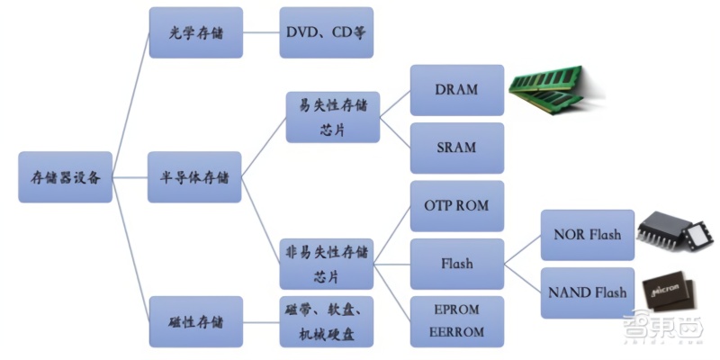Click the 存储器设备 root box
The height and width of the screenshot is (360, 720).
pyautogui.click(x=66, y=176)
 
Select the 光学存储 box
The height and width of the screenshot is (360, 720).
pyautogui.click(x=183, y=32)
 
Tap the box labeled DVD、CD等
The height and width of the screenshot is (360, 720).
pyautogui.click(x=325, y=32)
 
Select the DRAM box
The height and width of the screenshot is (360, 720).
pyautogui.click(x=456, y=90)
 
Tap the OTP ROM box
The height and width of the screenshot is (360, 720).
pyautogui.click(x=456, y=205)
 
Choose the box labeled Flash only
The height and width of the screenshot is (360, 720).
pyautogui.click(x=456, y=264)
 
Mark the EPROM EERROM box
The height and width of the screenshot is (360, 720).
pyautogui.click(x=456, y=320)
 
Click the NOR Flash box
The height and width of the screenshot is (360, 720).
pyautogui.click(x=587, y=235)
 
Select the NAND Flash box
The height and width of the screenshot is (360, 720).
pyautogui.click(x=587, y=292)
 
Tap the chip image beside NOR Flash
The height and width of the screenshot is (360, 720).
pyautogui.click(x=671, y=233)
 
